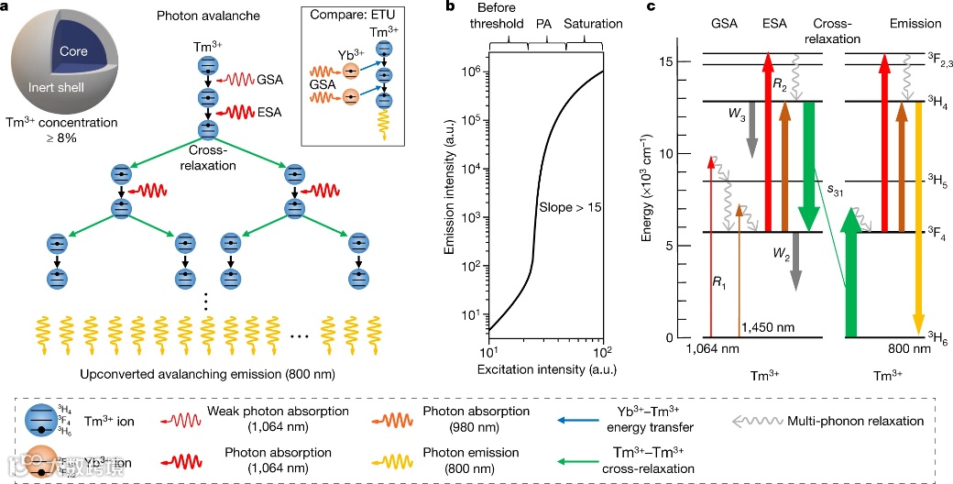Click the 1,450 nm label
point(766,327)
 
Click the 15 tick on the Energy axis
point(669,61)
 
